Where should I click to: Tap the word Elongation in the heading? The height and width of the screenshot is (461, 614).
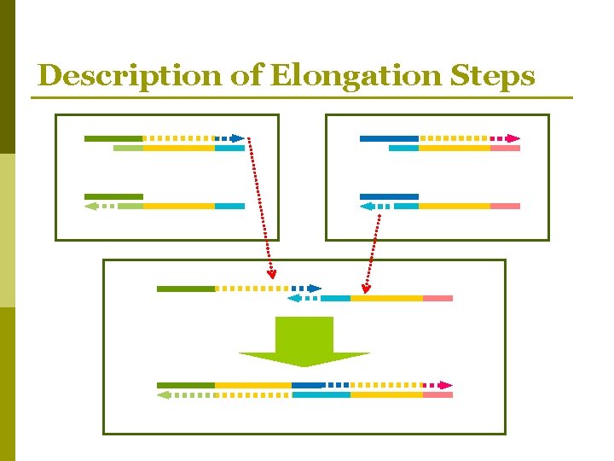tap(356, 76)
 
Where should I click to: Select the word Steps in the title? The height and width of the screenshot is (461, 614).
tap(492, 76)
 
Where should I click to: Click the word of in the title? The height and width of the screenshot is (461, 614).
tap(246, 74)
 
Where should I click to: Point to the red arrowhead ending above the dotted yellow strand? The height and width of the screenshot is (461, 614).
tap(271, 274)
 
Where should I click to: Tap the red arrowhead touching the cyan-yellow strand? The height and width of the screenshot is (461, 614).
tap(366, 289)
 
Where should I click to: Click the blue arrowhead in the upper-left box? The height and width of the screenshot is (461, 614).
tap(237, 138)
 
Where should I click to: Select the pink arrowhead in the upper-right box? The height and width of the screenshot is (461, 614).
tap(513, 138)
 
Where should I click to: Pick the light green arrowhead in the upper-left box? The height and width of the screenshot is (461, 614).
tap(91, 207)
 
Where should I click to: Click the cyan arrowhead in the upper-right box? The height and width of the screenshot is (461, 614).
tap(367, 207)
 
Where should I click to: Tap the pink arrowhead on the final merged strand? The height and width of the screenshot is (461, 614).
tap(445, 385)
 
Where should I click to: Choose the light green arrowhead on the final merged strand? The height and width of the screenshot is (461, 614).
tap(164, 394)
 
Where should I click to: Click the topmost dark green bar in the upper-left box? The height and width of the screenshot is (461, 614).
tap(113, 138)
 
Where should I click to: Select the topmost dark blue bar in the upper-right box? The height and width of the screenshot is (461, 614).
tap(389, 138)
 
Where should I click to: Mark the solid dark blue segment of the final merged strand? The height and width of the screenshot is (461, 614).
tap(309, 385)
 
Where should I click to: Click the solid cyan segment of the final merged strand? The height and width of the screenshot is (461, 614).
tap(321, 394)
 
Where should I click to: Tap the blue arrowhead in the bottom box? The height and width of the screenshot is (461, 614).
tap(315, 289)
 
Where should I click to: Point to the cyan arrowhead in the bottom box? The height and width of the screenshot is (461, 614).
tap(294, 298)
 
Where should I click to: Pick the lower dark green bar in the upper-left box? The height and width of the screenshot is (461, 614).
tap(113, 197)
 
